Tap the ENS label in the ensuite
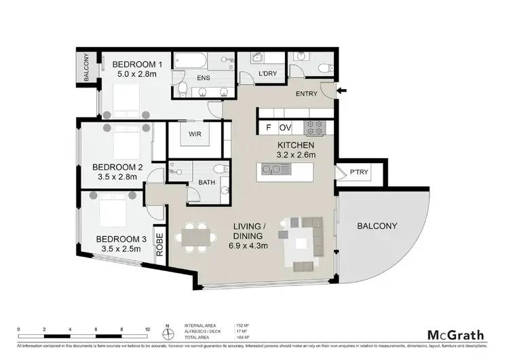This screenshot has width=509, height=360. coord(203,78)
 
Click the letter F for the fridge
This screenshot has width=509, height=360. coord(268,127)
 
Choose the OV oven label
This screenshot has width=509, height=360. coord(286,127)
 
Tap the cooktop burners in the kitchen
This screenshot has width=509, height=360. coord(315,126)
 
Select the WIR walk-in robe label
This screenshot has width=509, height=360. coord(194,134)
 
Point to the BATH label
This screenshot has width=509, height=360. coord(207,182)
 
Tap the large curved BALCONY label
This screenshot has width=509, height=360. coord(378,226)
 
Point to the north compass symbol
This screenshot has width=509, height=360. coord(167,332)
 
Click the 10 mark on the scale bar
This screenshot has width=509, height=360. coord(147,329)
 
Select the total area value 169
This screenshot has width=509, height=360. coord(238,338)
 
